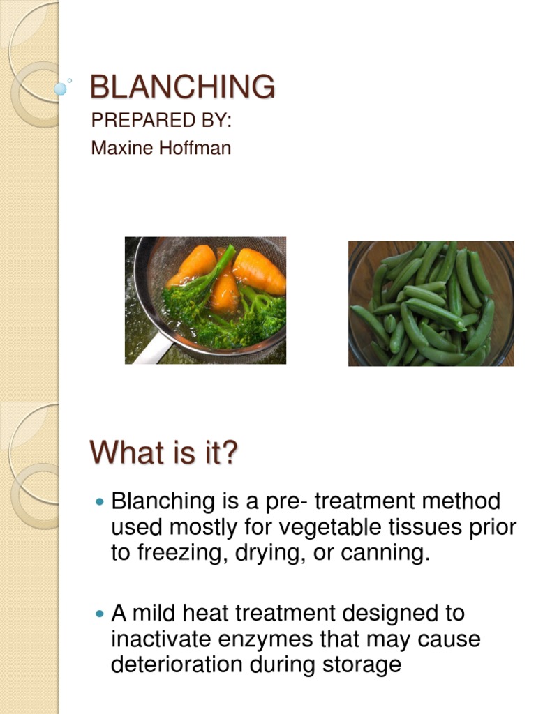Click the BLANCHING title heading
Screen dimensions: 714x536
[183, 87]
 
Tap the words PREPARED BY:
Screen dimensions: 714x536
[161, 120]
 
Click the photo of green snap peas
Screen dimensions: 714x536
[431, 303]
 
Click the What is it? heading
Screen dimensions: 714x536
[164, 453]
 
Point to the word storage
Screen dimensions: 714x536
[362, 664]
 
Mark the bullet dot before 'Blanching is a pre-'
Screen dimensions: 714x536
[98, 501]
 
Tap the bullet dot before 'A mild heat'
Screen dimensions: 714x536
[98, 614]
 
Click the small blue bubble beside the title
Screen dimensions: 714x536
[61, 89]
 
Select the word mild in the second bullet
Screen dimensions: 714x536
[151, 613]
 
